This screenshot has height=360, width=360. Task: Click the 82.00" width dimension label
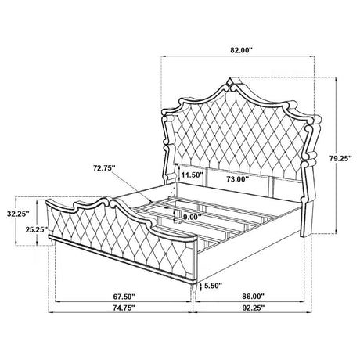241,50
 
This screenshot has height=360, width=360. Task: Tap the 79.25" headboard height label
340,158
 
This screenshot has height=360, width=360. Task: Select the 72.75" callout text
104,168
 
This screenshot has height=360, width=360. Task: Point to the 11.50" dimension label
192,175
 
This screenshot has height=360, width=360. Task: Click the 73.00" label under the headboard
237,179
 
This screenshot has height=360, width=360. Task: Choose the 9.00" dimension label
192,217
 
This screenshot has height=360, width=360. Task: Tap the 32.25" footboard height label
18,214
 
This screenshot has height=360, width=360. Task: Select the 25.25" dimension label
37,229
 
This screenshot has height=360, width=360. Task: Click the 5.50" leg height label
213,286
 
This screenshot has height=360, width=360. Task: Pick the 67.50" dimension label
124,297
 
